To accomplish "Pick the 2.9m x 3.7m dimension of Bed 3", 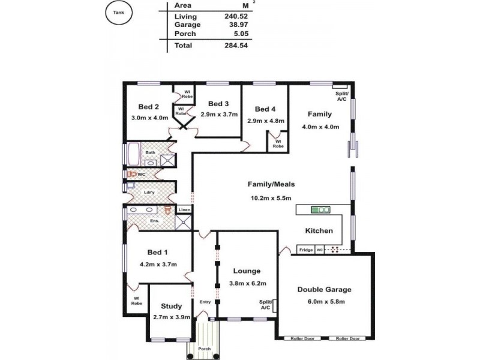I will click(x=219, y=114).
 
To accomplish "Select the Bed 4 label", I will click(x=265, y=109).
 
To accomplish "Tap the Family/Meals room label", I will click(x=272, y=184).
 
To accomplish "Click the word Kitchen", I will click(x=319, y=230).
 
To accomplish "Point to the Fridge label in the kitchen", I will click(x=306, y=250).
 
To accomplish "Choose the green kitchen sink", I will click(x=320, y=209).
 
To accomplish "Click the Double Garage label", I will click(x=325, y=289).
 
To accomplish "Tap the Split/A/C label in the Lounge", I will click(x=265, y=304).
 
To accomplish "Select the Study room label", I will click(x=171, y=306).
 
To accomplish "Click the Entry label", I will click(x=205, y=302).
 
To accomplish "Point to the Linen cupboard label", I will click(x=185, y=209).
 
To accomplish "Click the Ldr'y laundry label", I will click(x=151, y=192).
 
